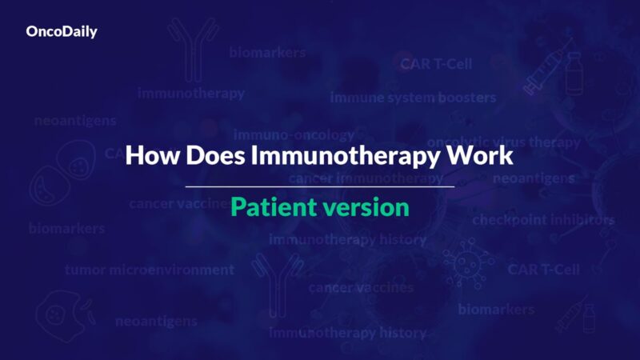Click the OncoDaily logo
click(62, 33)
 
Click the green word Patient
click(270, 207)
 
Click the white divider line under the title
click(320, 186)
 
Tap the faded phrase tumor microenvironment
click(150, 270)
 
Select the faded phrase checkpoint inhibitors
click(543, 219)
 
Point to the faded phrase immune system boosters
click(413, 98)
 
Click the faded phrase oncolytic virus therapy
click(503, 142)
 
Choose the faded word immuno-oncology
click(294, 134)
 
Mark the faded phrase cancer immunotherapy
click(366, 178)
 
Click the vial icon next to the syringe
click(574, 74)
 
